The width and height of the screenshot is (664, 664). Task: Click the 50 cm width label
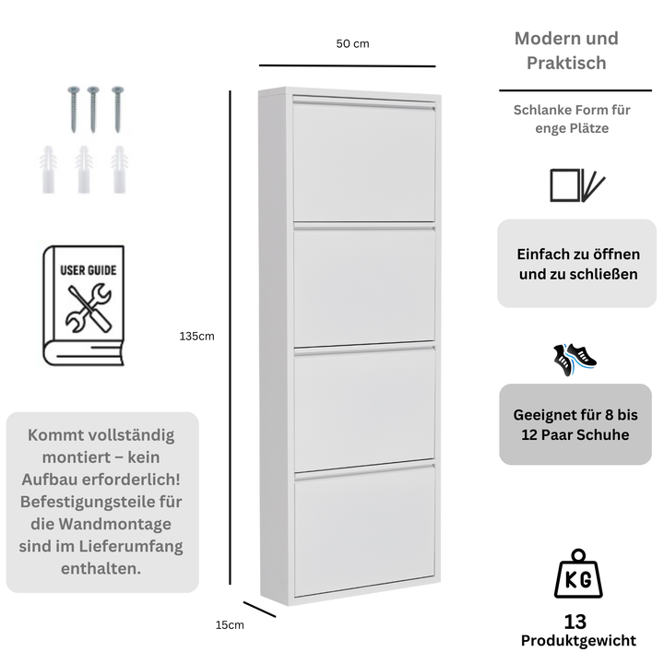tap(352, 43)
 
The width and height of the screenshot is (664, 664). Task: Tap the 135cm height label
tap(196, 337)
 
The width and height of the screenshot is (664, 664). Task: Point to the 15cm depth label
tap(230, 624)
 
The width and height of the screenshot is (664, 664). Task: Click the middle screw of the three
tap(93, 107)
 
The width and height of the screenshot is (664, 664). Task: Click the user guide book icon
tap(84, 305)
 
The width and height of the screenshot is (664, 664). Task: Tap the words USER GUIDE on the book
tap(89, 271)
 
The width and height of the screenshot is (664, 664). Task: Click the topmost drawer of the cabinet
tap(363, 161)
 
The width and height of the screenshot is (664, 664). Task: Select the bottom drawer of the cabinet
tap(364, 530)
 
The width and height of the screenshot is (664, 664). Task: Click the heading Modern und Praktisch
tap(566, 51)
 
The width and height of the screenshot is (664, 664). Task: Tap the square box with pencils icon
tap(576, 185)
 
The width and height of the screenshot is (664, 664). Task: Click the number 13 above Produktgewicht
tap(576, 622)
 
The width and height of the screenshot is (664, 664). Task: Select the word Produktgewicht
tap(577, 641)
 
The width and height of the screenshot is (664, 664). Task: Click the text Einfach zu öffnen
tap(577, 255)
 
